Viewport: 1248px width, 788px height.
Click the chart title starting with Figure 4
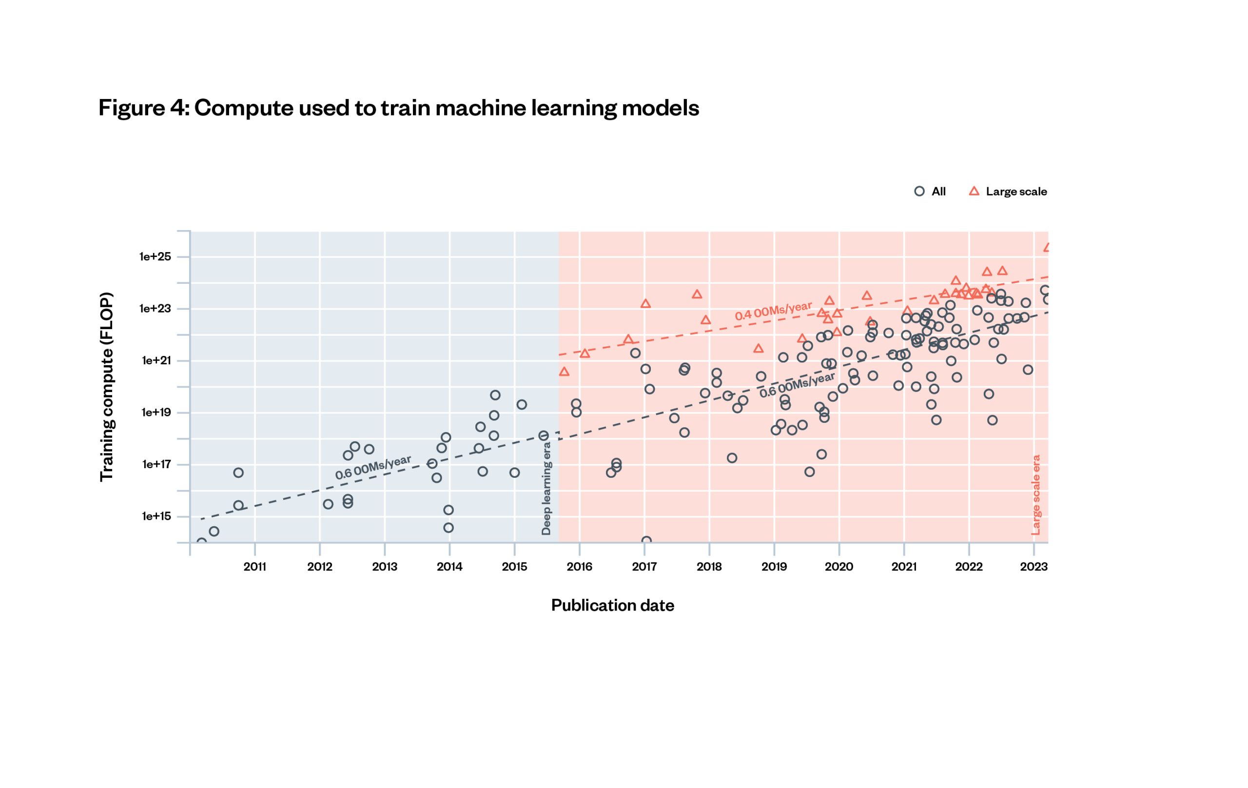coord(399,108)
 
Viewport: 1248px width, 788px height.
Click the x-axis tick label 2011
coord(254,567)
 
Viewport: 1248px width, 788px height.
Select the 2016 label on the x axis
coord(579,567)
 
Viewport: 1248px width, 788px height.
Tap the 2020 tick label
coord(838,567)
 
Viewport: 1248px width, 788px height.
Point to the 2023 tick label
coord(1033,567)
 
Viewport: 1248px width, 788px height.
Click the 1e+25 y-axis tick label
coord(155,256)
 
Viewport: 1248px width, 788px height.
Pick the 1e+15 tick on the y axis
coord(156,516)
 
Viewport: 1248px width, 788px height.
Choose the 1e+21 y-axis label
coord(156,360)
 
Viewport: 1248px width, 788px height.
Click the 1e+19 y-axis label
coord(156,413)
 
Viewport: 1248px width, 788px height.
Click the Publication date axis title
coord(612,606)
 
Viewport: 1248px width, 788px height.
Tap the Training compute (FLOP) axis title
coord(106,387)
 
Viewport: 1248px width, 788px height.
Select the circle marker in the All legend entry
coord(919,191)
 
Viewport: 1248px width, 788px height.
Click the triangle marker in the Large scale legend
coord(974,191)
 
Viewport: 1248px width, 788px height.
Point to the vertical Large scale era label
coord(1035,494)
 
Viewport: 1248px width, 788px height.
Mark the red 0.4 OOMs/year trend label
coord(773,311)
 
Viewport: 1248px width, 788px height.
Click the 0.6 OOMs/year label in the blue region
coord(372,468)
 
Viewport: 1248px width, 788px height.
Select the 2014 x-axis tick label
coord(449,567)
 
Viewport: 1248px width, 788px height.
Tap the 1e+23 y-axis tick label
coord(155,309)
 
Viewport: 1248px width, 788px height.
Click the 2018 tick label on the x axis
coord(709,567)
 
